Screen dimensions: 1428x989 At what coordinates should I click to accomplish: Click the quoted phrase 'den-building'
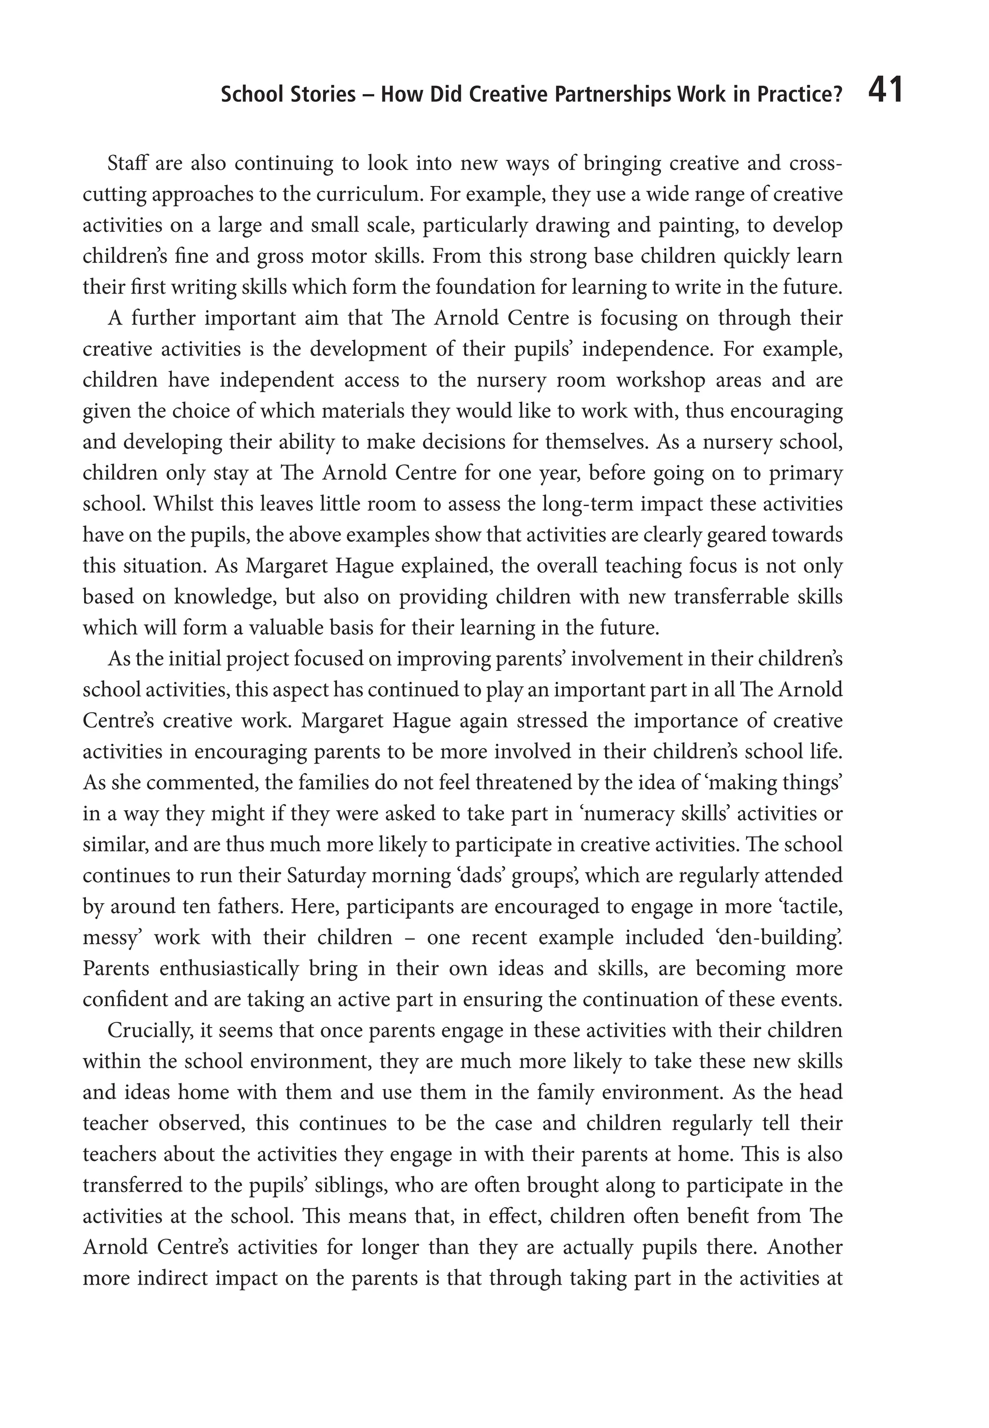click(780, 938)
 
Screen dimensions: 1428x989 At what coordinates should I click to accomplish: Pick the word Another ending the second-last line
click(805, 1248)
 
